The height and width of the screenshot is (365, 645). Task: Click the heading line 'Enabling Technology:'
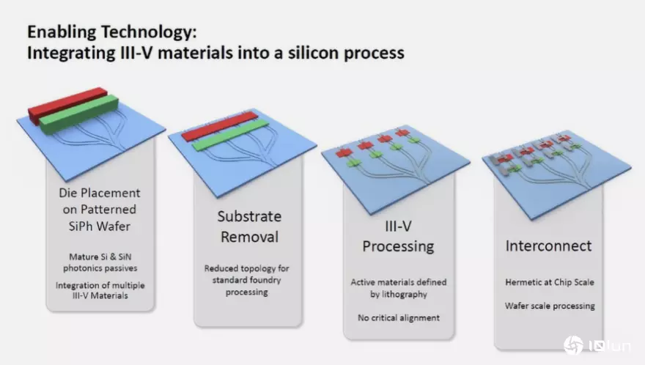point(112,32)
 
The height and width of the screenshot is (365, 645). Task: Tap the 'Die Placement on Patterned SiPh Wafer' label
point(100,210)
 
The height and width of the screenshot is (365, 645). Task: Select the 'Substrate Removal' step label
point(249,226)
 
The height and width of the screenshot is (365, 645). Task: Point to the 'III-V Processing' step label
point(398,236)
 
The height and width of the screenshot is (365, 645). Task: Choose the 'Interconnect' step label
point(548,246)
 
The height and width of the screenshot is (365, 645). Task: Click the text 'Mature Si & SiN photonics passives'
point(100,262)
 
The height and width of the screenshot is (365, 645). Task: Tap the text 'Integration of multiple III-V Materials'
point(100,290)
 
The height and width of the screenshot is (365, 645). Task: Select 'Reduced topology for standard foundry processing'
point(247,280)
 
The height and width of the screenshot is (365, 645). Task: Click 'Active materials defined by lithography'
point(399,288)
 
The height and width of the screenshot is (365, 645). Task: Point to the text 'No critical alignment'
point(399,317)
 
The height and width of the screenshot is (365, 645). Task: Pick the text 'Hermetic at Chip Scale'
point(550,282)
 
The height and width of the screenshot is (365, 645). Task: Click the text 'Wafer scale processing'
point(550,306)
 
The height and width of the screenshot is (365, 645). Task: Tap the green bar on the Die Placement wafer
point(79,114)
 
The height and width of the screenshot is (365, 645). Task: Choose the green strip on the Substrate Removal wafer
point(230,135)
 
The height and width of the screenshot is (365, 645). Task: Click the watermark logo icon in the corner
point(573,345)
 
